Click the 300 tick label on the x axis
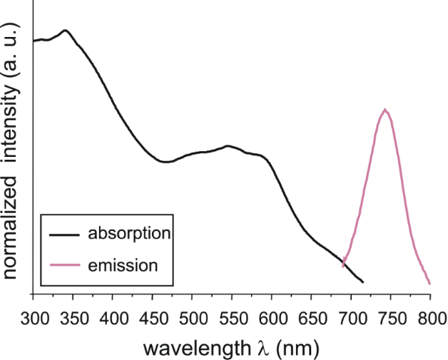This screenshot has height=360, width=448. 34,314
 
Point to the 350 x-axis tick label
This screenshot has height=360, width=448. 73,314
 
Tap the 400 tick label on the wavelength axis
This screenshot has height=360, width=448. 113,314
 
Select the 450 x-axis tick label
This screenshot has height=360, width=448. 153,314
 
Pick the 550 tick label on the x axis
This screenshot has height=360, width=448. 232,314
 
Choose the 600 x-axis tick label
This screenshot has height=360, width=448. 272,314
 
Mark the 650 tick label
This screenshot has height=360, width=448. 311,314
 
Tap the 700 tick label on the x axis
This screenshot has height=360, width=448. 351,314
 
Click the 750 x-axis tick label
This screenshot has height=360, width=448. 390,314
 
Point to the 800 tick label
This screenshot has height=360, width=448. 429,314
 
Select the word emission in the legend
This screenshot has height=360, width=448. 122,267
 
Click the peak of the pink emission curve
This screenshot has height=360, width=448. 386,109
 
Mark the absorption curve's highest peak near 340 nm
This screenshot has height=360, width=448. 65,30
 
